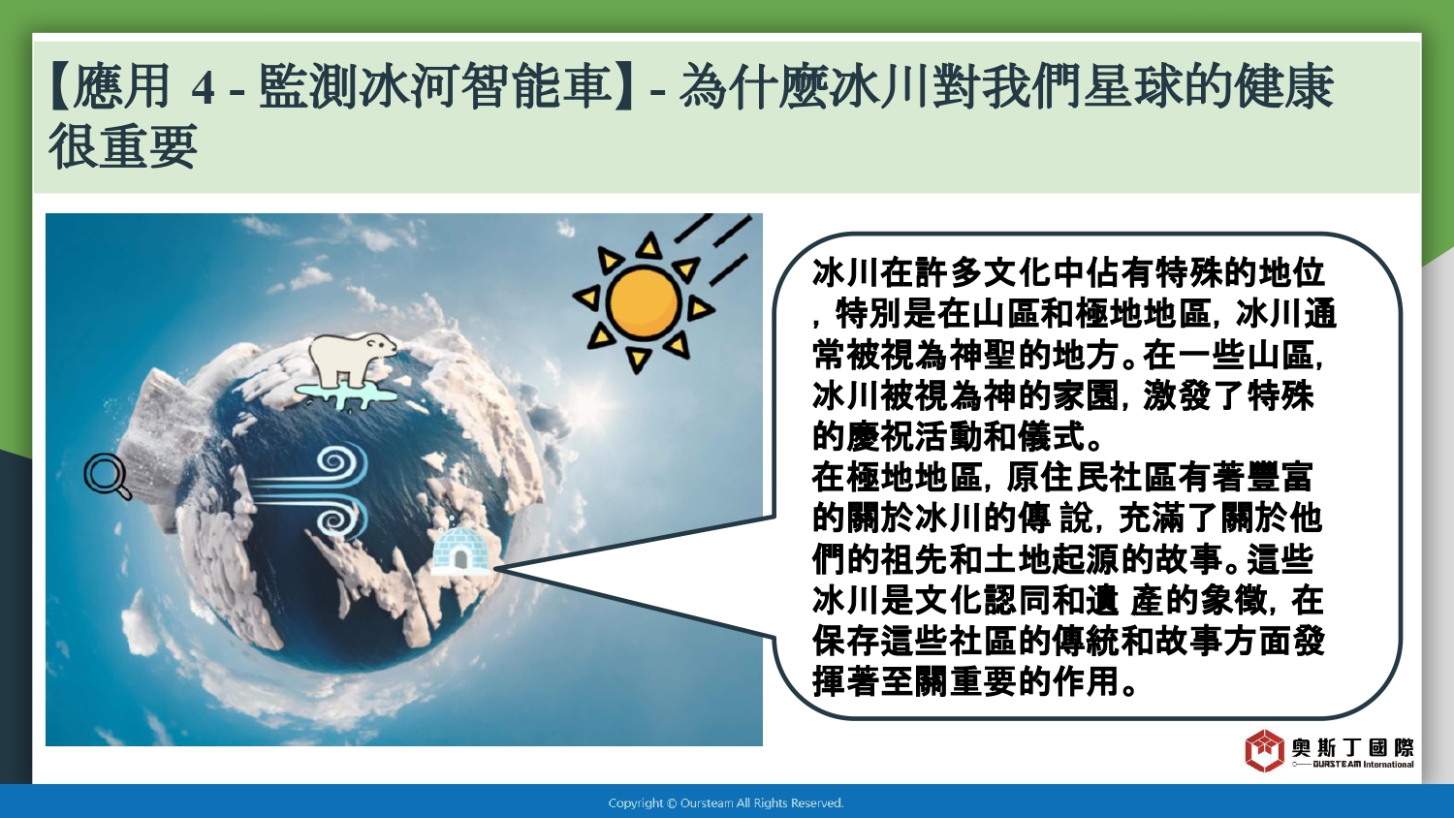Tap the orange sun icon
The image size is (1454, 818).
tap(644, 301)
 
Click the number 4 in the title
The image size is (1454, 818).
tap(203, 87)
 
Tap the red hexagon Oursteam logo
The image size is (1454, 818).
tap(1264, 750)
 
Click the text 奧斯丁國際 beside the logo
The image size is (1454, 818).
tap(1352, 748)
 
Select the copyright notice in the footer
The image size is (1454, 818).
tap(726, 803)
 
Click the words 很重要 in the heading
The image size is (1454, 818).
tap(123, 146)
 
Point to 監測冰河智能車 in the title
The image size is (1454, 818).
tap(434, 86)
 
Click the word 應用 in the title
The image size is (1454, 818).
tap(121, 86)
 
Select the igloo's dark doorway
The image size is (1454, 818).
tap(460, 559)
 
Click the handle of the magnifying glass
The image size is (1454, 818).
tap(123, 492)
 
